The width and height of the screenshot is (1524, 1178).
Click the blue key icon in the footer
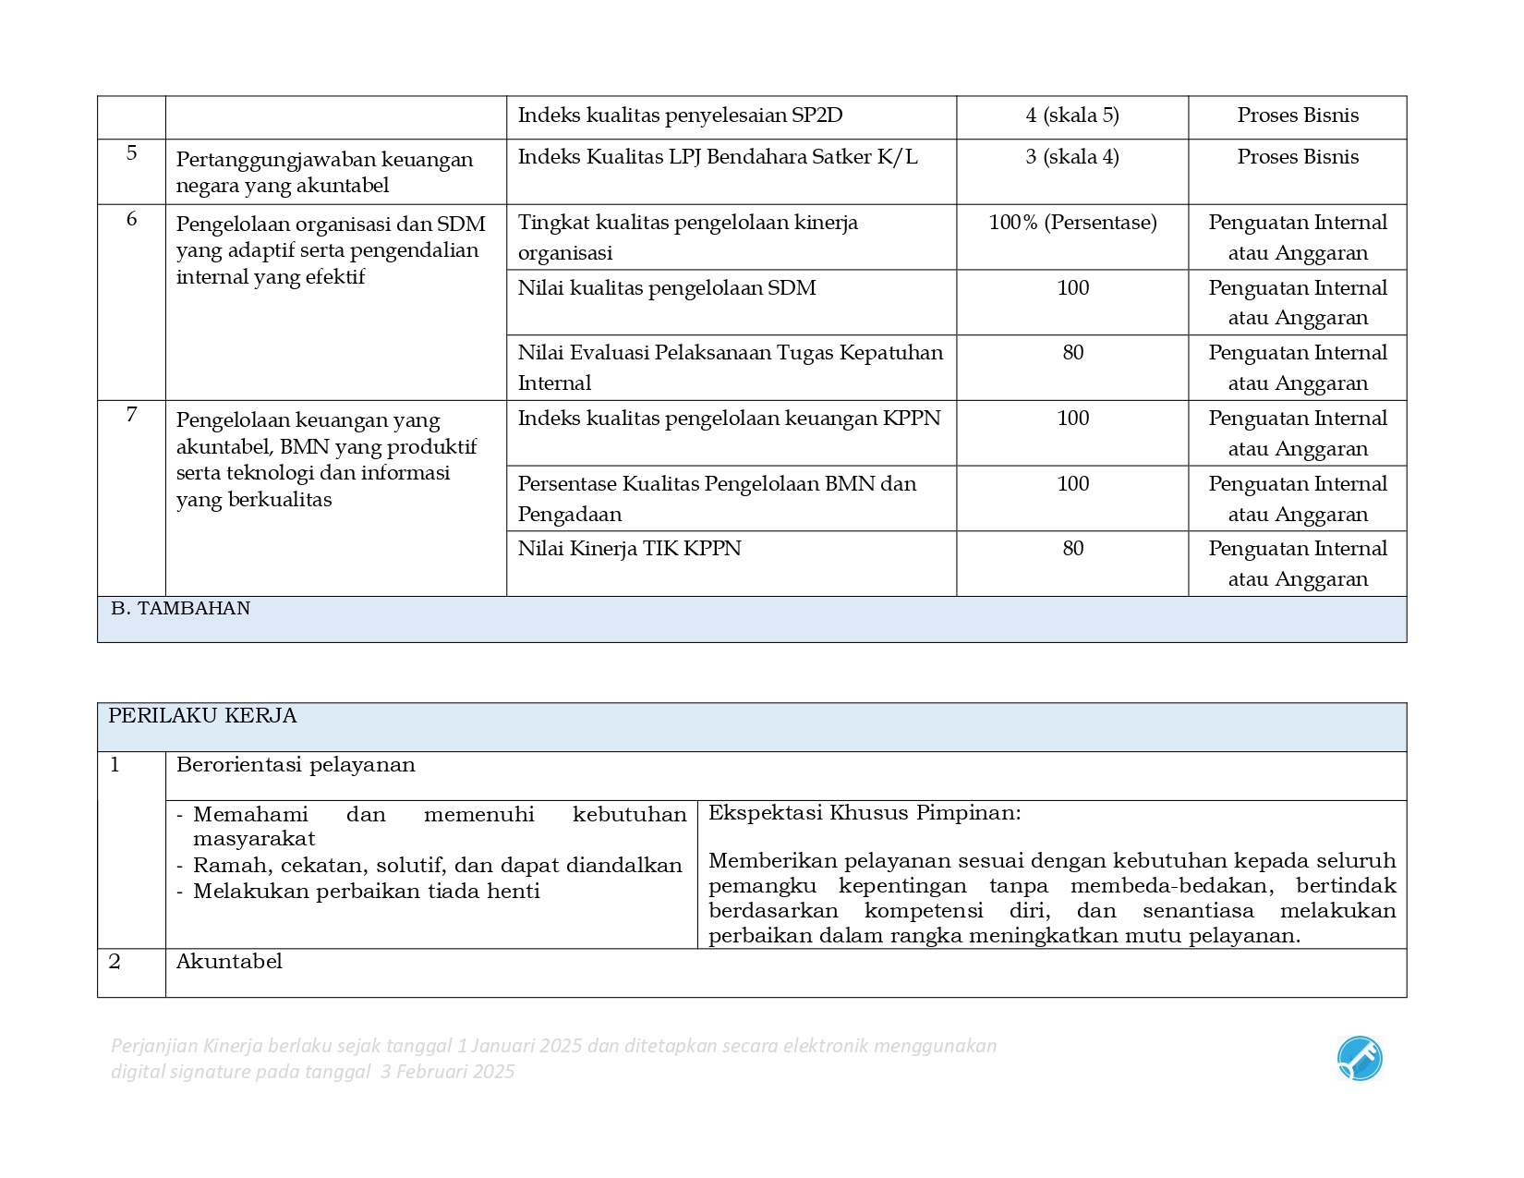[1359, 1059]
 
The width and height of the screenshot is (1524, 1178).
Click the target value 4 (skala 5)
[1071, 115]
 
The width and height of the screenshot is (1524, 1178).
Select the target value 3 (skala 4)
[1071, 157]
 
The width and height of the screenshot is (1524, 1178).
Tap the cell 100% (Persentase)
[1071, 223]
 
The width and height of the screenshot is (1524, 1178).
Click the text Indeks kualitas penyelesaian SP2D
[680, 115]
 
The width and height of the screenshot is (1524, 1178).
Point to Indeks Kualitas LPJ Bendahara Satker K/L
[717, 157]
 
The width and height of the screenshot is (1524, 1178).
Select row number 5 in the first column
[131, 152]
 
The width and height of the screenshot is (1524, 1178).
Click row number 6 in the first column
[131, 219]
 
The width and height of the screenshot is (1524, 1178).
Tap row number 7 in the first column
[131, 415]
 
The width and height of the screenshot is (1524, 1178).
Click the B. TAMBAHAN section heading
[180, 609]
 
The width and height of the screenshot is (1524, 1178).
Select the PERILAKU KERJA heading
[202, 716]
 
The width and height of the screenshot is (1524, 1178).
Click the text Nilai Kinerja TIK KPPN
[629, 549]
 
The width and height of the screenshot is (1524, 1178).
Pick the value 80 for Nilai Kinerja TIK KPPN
[1072, 549]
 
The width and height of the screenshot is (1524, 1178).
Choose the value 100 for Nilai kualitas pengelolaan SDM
[1072, 288]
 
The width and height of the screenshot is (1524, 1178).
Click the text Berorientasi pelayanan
[296, 765]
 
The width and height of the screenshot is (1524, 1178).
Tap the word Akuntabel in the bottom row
[229, 962]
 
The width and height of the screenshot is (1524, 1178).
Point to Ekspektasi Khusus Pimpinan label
[865, 813]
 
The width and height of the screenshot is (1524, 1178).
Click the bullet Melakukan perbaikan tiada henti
[366, 892]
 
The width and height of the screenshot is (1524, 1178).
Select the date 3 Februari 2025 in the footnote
[447, 1072]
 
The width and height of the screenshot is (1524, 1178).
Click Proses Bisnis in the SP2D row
[1297, 115]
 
